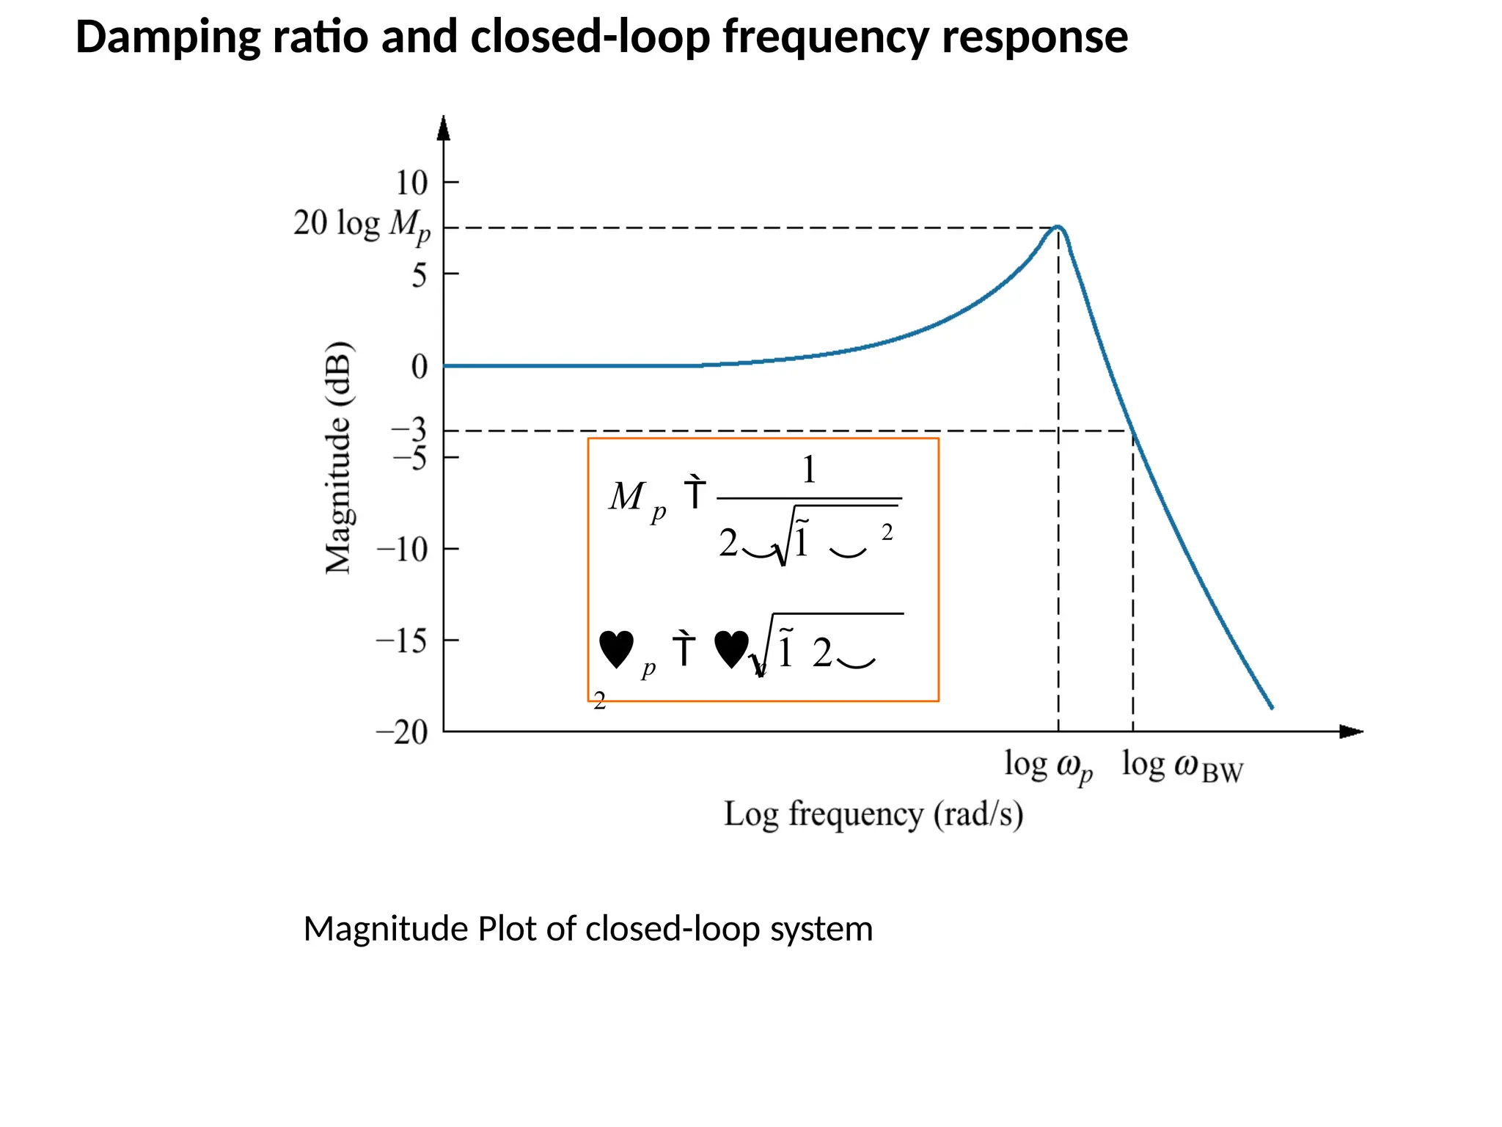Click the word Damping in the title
tap(168, 38)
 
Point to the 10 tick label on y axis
tap(411, 183)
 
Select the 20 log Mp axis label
tap(362, 225)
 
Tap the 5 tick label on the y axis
tap(419, 276)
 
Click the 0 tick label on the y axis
tap(419, 366)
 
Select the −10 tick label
tap(402, 550)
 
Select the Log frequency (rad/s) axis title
tap(873, 814)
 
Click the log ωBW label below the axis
tap(1182, 767)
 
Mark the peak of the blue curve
tap(1058, 227)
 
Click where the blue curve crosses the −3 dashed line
tap(1131, 431)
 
